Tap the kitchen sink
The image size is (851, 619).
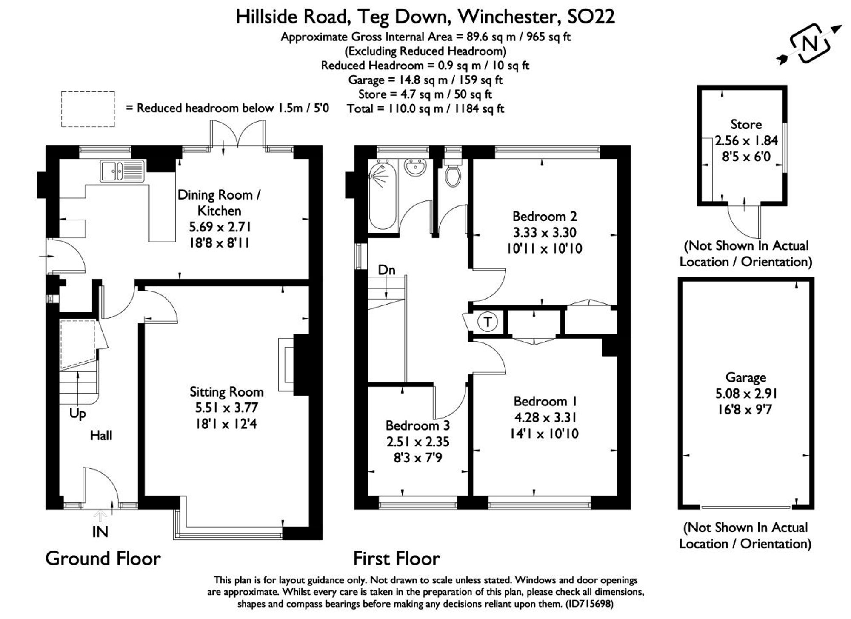[123, 171]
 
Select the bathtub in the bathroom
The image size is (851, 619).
[383, 195]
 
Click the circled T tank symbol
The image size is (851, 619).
[488, 322]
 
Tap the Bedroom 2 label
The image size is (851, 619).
[545, 217]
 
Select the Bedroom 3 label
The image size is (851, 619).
[417, 425]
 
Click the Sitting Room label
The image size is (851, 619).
[226, 392]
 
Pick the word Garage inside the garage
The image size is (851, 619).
[745, 377]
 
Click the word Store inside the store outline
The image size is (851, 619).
[746, 125]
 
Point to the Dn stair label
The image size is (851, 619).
[387, 270]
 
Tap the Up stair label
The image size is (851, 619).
[77, 414]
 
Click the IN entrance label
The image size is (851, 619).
[100, 532]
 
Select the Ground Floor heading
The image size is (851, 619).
[103, 559]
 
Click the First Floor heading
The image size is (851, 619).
[397, 559]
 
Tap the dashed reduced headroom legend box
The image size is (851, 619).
[88, 109]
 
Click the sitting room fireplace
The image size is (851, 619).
[294, 365]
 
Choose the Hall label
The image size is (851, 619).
[101, 435]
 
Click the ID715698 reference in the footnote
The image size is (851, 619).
[589, 604]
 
